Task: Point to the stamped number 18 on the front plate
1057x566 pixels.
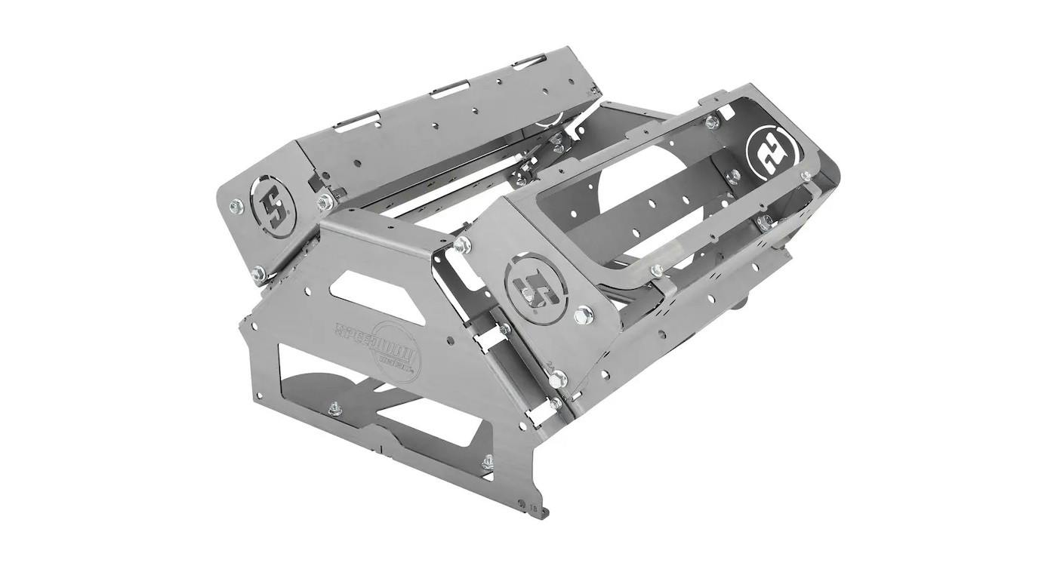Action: [x=535, y=509]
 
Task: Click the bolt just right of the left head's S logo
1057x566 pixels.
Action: [x=325, y=201]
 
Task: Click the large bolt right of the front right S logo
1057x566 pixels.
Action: [x=583, y=315]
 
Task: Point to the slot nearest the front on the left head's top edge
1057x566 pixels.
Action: [x=359, y=119]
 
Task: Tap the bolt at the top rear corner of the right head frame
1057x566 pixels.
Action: [x=710, y=122]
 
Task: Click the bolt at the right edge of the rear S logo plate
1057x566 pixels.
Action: [x=806, y=177]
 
